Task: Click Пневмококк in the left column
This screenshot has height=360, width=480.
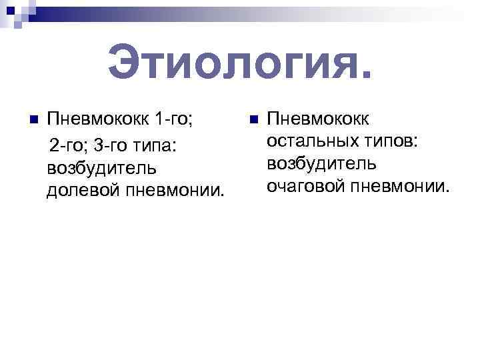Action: coord(98,121)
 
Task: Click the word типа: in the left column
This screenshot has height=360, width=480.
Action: coord(159,145)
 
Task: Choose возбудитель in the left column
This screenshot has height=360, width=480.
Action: coord(102,167)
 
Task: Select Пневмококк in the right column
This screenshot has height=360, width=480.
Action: coord(319,119)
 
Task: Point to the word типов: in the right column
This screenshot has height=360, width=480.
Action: coord(394,141)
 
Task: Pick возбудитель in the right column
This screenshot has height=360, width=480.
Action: coord(321,164)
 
